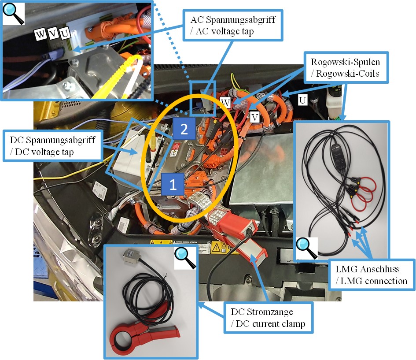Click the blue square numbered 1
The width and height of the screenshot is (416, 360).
tap(173, 184)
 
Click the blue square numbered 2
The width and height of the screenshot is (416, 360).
tap(184, 129)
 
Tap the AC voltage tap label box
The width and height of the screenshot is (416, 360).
tap(233, 25)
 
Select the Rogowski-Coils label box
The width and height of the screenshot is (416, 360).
tap(346, 67)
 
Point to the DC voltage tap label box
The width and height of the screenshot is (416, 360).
tap(52, 145)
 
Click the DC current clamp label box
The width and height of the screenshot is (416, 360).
tap(268, 318)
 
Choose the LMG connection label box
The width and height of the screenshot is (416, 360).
tap(371, 275)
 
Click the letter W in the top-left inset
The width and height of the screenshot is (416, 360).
tap(40, 34)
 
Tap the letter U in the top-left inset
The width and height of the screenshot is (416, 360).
tap(65, 33)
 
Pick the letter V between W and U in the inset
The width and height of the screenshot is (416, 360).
tap(53, 33)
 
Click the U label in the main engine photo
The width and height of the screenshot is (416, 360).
tap(302, 100)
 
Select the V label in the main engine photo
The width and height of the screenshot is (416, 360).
tap(255, 117)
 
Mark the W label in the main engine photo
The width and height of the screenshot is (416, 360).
tap(225, 102)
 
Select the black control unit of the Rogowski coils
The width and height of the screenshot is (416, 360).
tap(338, 157)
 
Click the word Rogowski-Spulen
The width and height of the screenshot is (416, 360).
tap(346, 62)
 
